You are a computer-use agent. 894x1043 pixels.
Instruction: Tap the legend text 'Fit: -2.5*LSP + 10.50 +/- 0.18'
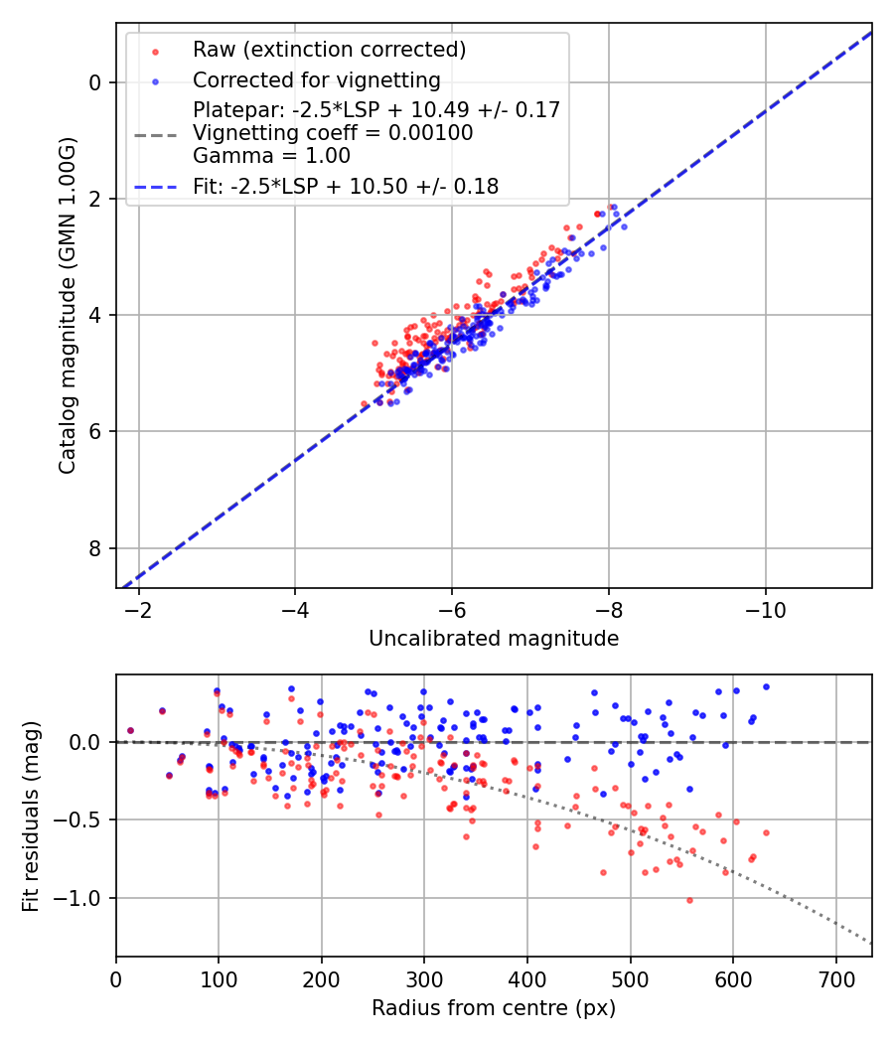point(346,186)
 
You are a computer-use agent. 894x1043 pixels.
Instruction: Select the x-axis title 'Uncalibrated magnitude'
point(494,639)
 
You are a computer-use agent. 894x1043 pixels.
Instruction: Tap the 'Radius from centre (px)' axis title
point(494,1008)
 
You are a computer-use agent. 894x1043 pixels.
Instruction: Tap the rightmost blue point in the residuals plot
point(766,686)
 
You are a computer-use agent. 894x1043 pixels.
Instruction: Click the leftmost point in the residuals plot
point(130,730)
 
